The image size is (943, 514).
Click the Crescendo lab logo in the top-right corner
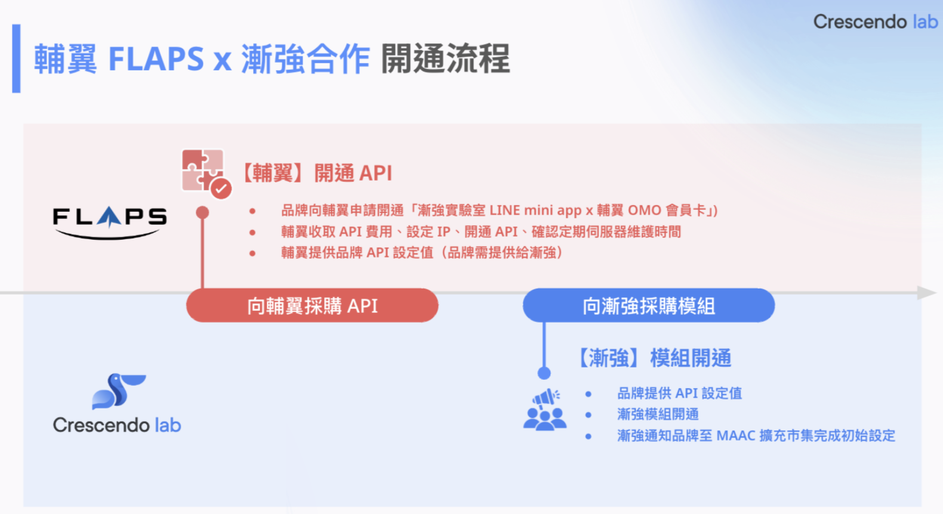tap(876, 22)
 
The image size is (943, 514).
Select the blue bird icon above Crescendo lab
tap(119, 391)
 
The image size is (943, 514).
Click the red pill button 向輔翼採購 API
tap(312, 305)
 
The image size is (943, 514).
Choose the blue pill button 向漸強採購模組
tap(649, 305)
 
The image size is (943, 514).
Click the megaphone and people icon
tap(545, 410)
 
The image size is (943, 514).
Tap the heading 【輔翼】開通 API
tap(317, 174)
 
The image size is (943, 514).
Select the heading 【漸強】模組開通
tap(654, 358)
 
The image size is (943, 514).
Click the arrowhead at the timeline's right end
tap(927, 293)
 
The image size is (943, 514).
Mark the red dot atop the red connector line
tap(202, 212)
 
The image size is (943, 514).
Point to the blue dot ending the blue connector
tap(544, 373)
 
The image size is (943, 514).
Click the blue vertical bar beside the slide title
tap(17, 58)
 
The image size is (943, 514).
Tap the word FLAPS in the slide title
tap(156, 59)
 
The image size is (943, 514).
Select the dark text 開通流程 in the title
tap(445, 59)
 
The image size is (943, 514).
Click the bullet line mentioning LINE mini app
tap(500, 210)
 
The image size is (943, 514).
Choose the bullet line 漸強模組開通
tap(658, 414)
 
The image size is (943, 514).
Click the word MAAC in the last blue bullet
tap(736, 436)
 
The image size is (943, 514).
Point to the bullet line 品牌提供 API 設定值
tap(679, 394)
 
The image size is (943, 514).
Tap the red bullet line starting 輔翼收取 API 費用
tap(481, 232)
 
